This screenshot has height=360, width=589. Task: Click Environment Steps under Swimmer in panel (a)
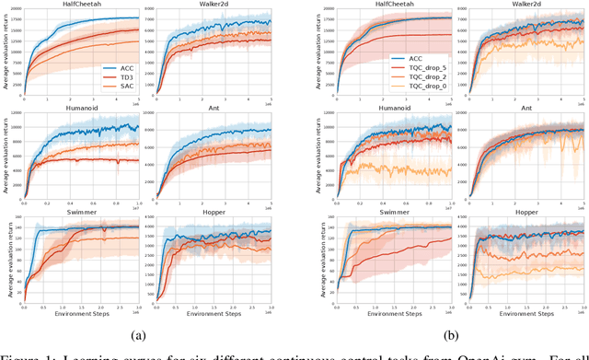click(x=81, y=314)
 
